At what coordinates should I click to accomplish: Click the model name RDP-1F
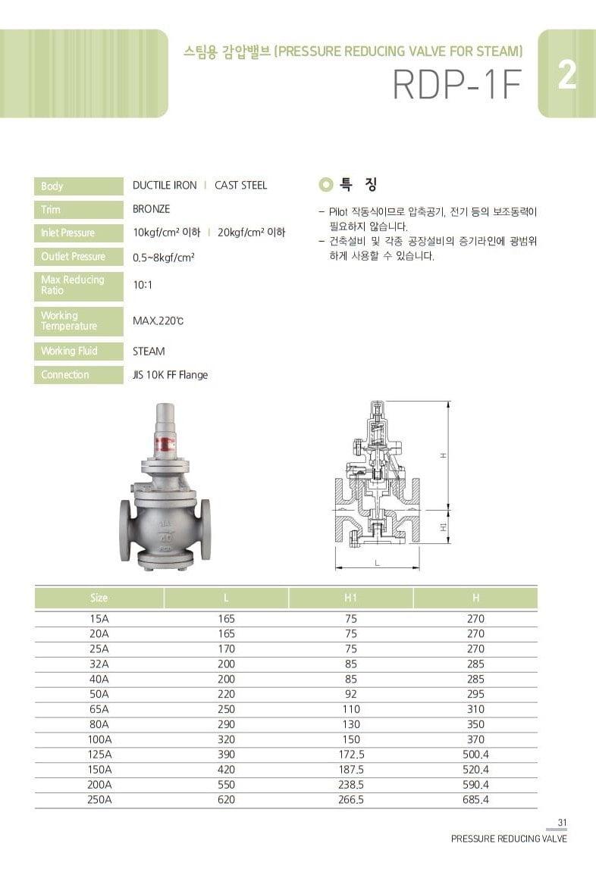click(457, 86)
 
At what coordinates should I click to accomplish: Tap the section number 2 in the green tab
click(566, 76)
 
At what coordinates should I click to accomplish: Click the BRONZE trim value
click(151, 209)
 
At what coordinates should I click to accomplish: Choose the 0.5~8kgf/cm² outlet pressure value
click(164, 258)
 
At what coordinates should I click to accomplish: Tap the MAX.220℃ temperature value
click(158, 321)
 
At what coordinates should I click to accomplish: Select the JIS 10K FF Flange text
click(170, 375)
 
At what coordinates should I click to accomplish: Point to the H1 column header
click(350, 598)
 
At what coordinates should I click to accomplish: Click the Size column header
click(99, 598)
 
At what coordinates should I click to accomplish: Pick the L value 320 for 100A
click(226, 739)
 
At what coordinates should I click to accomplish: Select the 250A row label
click(99, 800)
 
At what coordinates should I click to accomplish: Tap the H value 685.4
click(475, 800)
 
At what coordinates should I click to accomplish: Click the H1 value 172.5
click(350, 755)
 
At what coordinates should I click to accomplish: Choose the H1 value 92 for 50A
click(350, 694)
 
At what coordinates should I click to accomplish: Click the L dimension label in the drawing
click(377, 563)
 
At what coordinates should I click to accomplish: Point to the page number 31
click(562, 823)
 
